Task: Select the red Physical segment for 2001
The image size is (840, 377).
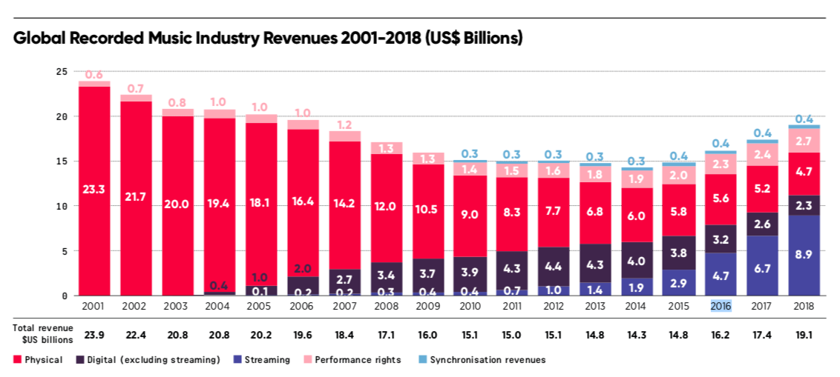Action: pos(94,190)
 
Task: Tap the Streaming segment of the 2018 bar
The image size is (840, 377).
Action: pos(804,256)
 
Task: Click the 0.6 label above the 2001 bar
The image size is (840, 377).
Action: pos(94,75)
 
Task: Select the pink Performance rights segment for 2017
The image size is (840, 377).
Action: pos(763,154)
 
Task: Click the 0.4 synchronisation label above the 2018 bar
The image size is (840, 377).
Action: pos(804,119)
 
